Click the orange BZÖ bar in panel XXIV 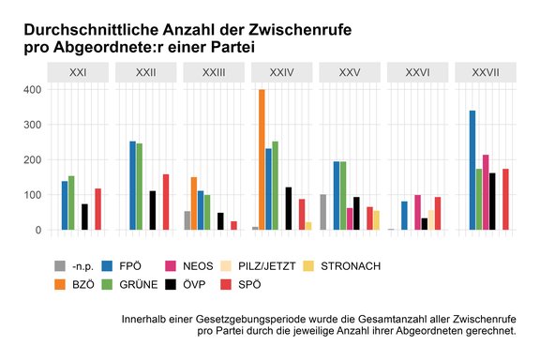coord(262,159)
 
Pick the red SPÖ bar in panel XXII coord(166,202)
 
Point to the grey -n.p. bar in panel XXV coord(322,212)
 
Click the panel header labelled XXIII coord(215,72)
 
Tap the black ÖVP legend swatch coord(179,283)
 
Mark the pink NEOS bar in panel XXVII coord(486,192)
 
